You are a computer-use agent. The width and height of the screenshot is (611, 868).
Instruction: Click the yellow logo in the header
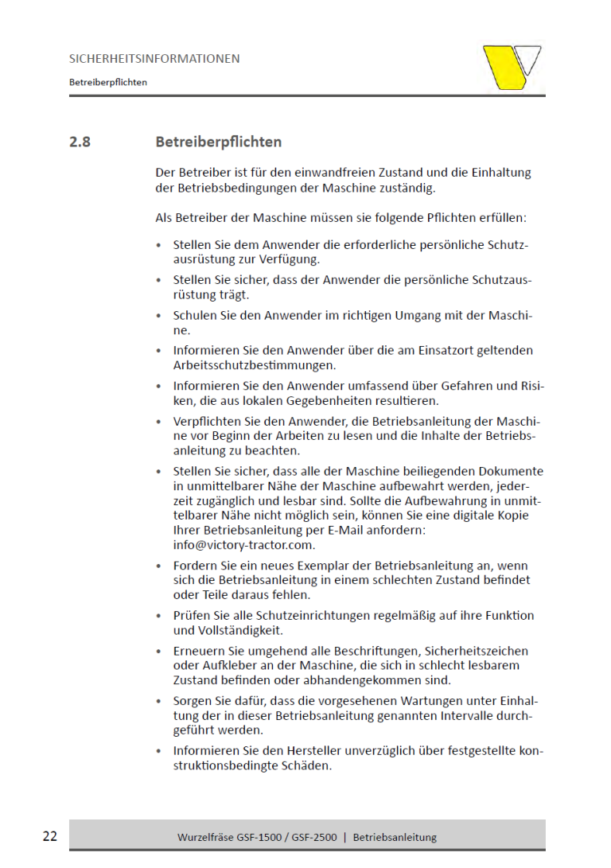[x=512, y=67]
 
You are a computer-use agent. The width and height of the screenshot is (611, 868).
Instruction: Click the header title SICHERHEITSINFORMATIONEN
[x=154, y=59]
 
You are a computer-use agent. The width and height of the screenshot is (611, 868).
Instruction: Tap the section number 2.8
[x=80, y=142]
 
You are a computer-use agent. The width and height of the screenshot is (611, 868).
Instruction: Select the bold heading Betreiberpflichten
[x=219, y=142]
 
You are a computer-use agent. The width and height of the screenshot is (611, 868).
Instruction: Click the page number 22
[x=50, y=836]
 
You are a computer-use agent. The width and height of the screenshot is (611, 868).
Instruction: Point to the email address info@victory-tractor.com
[x=244, y=545]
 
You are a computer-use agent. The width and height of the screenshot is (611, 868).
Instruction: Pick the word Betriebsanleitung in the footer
[x=395, y=837]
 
